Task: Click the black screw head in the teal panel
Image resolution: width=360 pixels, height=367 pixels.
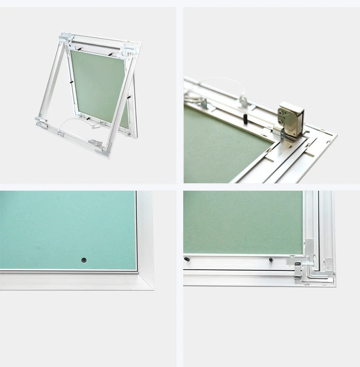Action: pyautogui.click(x=84, y=260)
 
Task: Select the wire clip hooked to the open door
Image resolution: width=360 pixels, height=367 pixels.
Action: pyautogui.click(x=94, y=126)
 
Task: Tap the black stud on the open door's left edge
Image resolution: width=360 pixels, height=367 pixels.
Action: pyautogui.click(x=71, y=82)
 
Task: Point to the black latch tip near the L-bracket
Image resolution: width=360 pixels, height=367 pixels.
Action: pyautogui.click(x=297, y=264)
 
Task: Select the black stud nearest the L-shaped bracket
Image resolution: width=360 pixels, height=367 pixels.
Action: pyautogui.click(x=271, y=259)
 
